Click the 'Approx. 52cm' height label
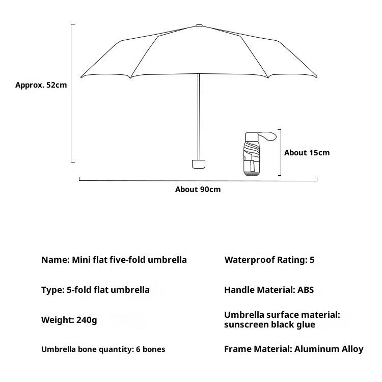pyautogui.click(x=41, y=85)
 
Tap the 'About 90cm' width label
pyautogui.click(x=198, y=189)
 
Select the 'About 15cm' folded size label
pyautogui.click(x=307, y=153)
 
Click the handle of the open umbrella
pyautogui.click(x=199, y=163)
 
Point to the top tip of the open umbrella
pyautogui.click(x=199, y=24)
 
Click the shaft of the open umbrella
pyautogui.click(x=199, y=117)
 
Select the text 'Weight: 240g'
pyautogui.click(x=69, y=320)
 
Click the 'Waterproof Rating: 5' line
pyautogui.click(x=269, y=260)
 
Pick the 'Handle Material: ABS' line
pyautogui.click(x=269, y=290)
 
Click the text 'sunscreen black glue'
pyautogui.click(x=269, y=325)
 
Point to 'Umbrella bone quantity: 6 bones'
pyautogui.click(x=103, y=349)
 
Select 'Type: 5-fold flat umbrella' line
pyautogui.click(x=95, y=290)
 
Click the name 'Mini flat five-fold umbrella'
pyautogui.click(x=129, y=260)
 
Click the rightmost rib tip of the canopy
pyautogui.click(x=317, y=77)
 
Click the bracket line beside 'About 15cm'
pyautogui.click(x=281, y=152)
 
